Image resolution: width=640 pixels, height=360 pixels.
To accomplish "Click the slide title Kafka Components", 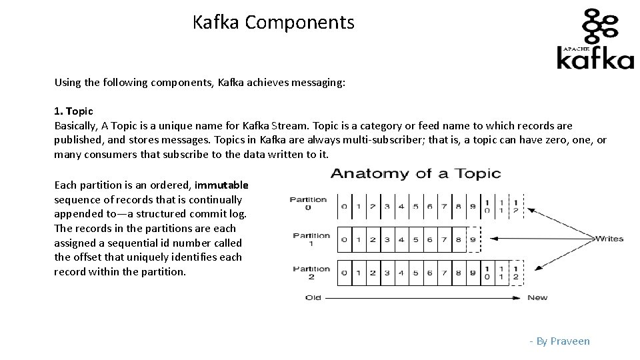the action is click(x=273, y=23).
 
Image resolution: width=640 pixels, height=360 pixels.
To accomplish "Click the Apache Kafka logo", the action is click(x=595, y=39).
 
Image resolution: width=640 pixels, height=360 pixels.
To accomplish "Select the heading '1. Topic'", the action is click(x=73, y=111).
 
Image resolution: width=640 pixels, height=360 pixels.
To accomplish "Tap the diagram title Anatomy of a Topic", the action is click(x=415, y=174).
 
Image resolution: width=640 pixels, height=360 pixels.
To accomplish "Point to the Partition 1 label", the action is click(x=311, y=239).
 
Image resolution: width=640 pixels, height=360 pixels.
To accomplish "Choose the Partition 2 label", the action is click(x=311, y=273).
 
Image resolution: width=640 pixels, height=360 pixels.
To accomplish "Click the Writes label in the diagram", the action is click(x=609, y=238).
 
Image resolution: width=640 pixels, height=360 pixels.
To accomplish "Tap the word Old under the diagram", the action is click(x=313, y=297).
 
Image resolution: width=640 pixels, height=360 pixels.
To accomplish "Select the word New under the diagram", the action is click(x=537, y=297).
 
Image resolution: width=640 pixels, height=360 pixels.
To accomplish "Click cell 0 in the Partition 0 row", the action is click(x=344, y=206).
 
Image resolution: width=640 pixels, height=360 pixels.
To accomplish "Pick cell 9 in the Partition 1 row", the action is click(x=473, y=239).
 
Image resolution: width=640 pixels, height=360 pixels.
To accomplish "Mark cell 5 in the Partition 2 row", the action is click(x=415, y=273).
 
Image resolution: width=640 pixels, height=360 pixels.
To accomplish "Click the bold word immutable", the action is click(x=221, y=185).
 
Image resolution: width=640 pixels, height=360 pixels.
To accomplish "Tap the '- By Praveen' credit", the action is click(x=559, y=341).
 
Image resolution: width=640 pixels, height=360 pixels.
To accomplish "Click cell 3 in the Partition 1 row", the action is click(x=387, y=239).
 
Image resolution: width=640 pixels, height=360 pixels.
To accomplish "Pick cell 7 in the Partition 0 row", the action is click(x=444, y=206).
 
